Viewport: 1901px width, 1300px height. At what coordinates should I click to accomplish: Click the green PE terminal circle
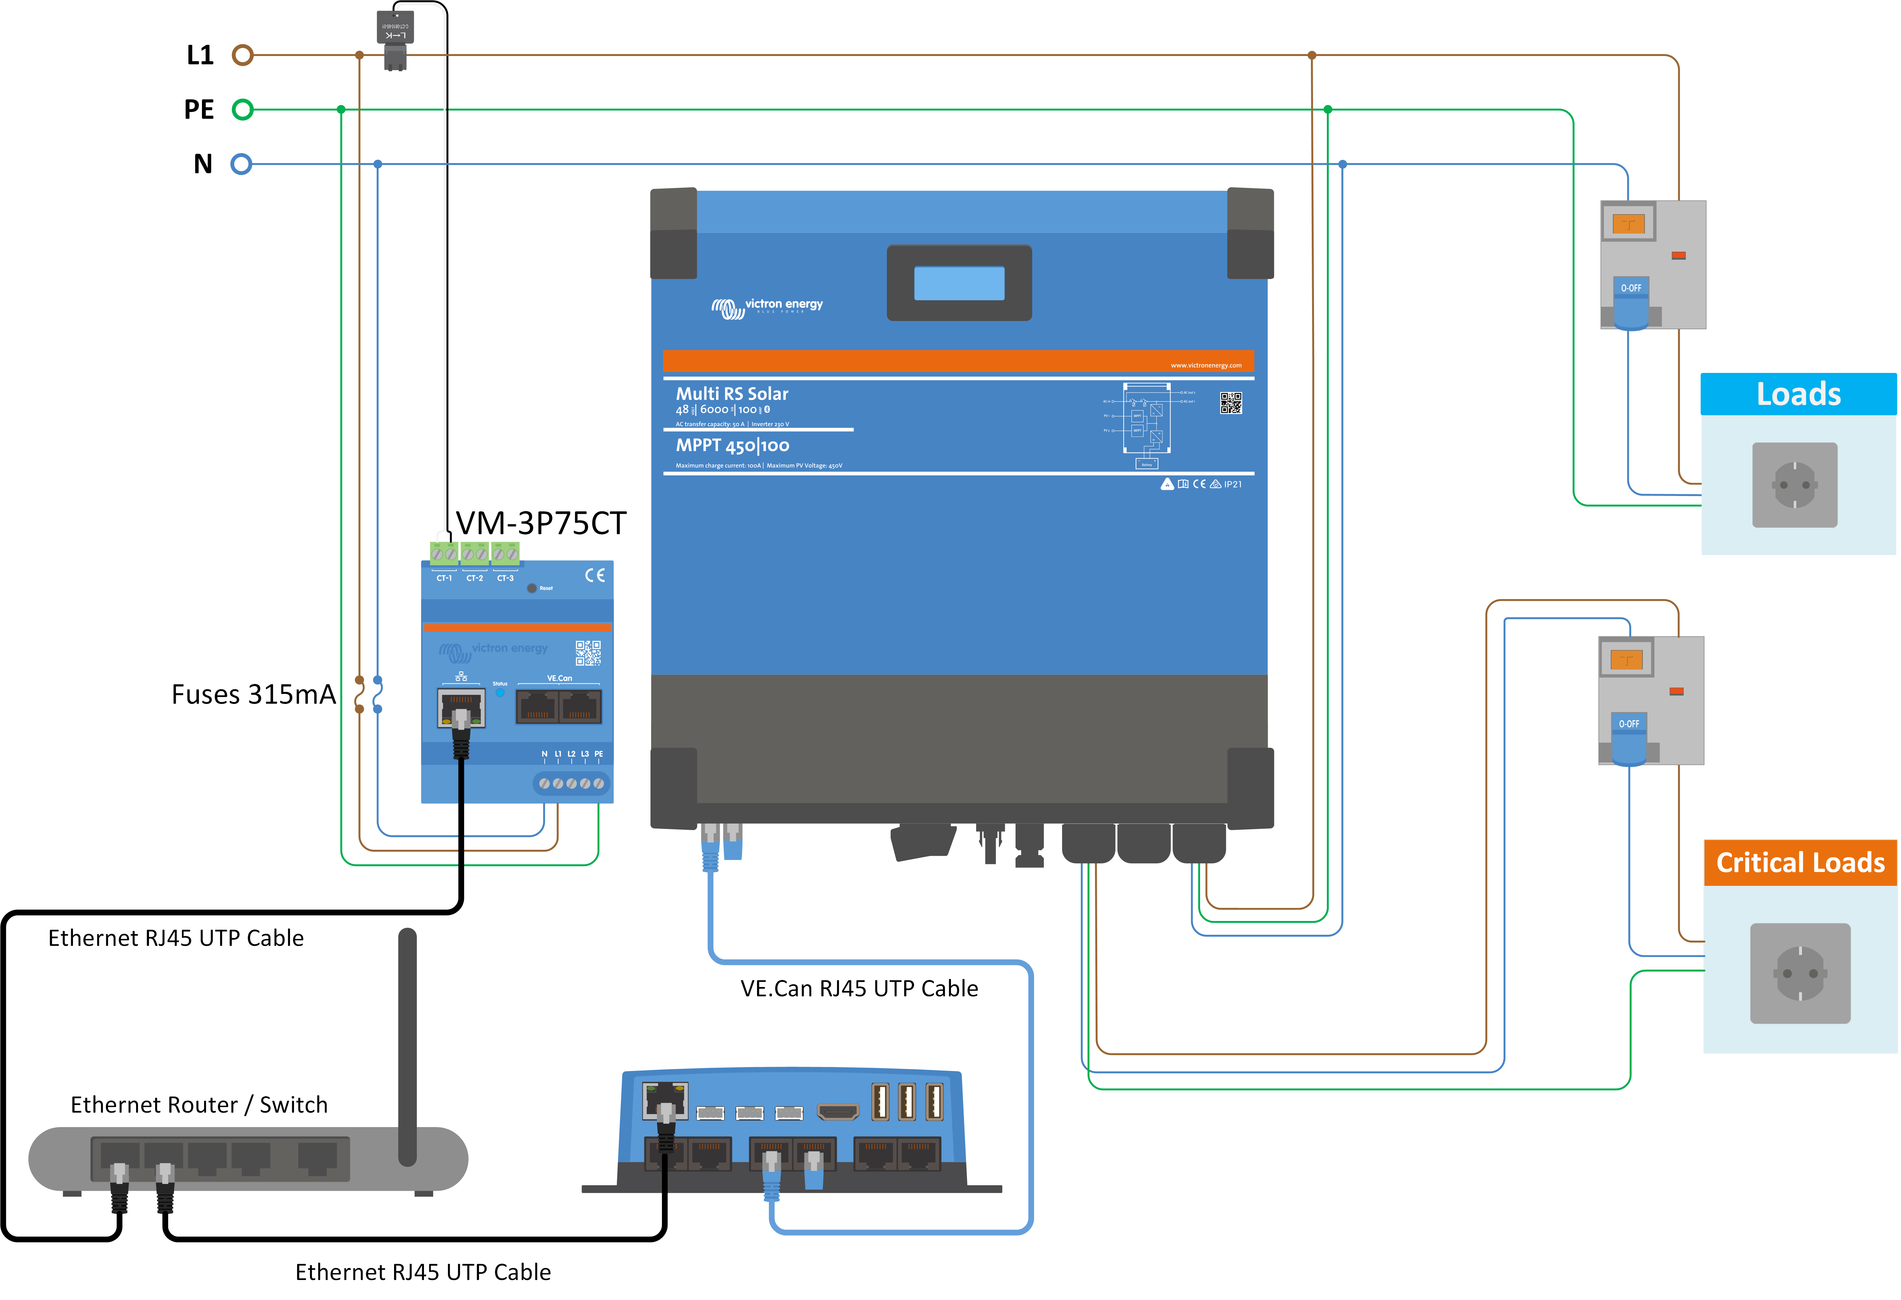(242, 110)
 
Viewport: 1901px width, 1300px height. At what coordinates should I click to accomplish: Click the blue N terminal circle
(240, 164)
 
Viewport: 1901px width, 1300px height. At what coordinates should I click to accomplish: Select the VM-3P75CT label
(541, 523)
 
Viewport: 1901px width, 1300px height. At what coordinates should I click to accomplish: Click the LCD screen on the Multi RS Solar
(959, 283)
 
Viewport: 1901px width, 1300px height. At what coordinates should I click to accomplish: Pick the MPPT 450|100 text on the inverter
(732, 446)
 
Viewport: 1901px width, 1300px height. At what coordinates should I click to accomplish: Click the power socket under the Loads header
(1795, 485)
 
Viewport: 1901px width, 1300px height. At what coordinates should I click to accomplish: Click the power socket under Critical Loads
(1800, 973)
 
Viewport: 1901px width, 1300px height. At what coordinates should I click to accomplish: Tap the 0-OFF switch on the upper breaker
(1631, 289)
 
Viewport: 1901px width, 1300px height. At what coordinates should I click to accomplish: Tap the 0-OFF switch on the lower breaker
(1629, 724)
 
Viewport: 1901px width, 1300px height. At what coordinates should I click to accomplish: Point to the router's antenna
(407, 1046)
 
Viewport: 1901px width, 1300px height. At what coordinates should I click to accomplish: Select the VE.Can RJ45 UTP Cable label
(859, 989)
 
